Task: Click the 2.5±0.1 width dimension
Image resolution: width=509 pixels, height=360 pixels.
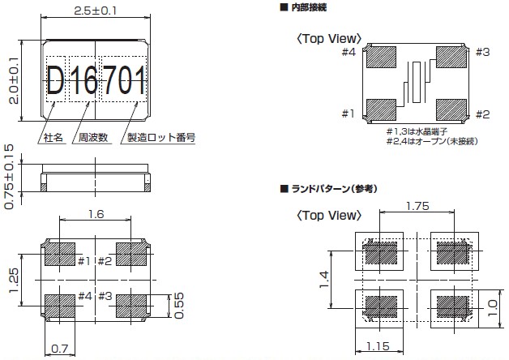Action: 95,11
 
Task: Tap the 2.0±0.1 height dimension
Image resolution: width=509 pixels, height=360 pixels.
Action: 14,80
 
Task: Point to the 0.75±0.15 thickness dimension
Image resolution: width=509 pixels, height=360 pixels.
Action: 9,177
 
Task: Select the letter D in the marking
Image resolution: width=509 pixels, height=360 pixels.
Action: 55,79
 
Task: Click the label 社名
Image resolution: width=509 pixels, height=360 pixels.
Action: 53,138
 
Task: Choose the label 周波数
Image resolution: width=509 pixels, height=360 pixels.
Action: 93,138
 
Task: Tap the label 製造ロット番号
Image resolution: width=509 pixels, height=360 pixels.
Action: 161,138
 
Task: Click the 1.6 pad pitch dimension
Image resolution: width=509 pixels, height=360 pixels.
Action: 96,214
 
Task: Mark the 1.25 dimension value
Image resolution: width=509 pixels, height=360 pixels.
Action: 14,280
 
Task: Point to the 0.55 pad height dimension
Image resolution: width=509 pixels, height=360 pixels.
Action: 178,306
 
